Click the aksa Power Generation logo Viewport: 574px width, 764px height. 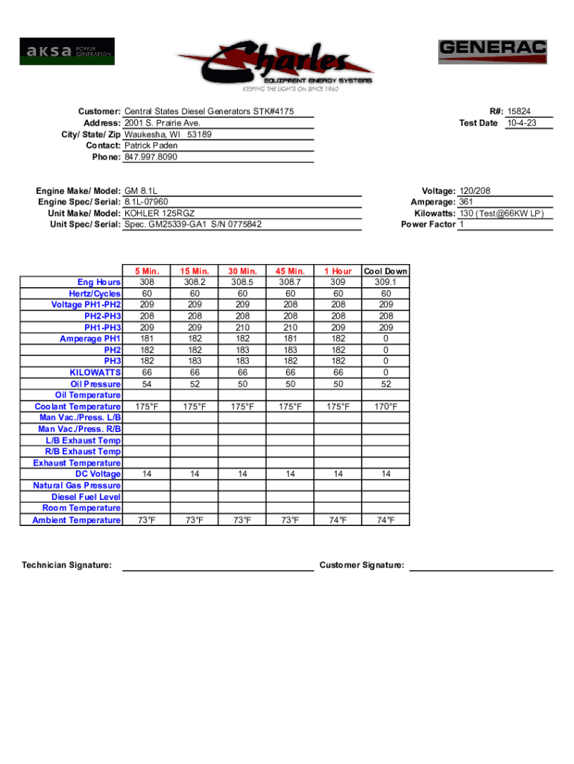(67, 51)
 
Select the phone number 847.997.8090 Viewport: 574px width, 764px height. (151, 157)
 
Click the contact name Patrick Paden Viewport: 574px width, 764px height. (151, 145)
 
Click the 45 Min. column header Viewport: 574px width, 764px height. (290, 271)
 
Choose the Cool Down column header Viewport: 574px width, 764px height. (385, 271)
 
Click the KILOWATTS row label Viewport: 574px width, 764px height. (95, 372)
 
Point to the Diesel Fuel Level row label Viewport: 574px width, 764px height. (86, 497)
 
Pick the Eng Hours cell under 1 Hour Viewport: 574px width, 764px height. (337, 283)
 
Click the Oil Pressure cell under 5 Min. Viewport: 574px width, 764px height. (147, 383)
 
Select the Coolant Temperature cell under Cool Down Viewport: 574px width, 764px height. (385, 407)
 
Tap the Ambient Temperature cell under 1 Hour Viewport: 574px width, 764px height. (337, 520)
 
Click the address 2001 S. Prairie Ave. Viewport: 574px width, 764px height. (163, 122)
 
